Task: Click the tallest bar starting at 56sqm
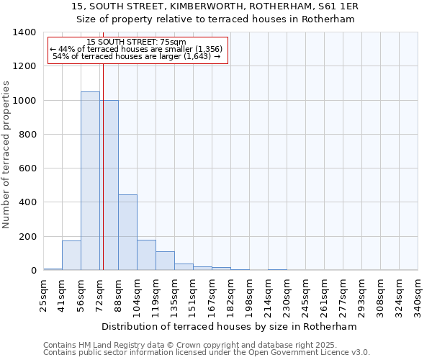pos(90,181)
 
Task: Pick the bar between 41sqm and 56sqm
pos(71,256)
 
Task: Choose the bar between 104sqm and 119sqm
pos(146,255)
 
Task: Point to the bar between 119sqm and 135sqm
pos(165,261)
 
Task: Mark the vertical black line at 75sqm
pos(103,166)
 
